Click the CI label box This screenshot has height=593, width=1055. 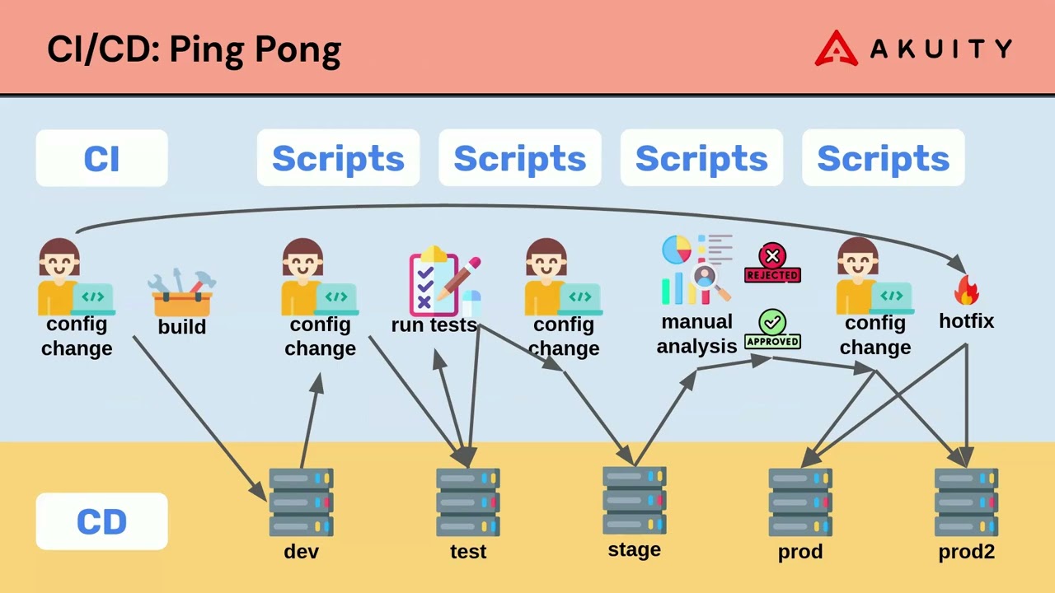coord(101,158)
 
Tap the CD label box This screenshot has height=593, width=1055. coord(101,521)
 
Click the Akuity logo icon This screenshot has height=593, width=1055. coord(836,49)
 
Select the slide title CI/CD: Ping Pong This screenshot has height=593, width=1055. coord(194,49)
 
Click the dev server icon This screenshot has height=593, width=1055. coord(301,502)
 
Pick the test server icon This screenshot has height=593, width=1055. coord(467,502)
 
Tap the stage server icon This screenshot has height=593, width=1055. coord(634,501)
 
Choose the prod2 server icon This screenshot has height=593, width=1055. coord(966,502)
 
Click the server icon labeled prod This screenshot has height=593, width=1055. coord(800,502)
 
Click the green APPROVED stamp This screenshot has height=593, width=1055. coord(772,329)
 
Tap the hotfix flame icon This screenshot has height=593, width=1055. coord(966,290)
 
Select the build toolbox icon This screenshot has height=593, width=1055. coord(182,293)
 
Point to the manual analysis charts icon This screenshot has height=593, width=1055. coord(696,270)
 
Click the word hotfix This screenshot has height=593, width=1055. coord(966,321)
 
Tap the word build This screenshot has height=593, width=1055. coord(182,327)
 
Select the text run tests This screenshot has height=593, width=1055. coord(434,325)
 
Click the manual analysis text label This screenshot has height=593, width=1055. coord(696,334)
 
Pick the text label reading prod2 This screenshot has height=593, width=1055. coord(966,552)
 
